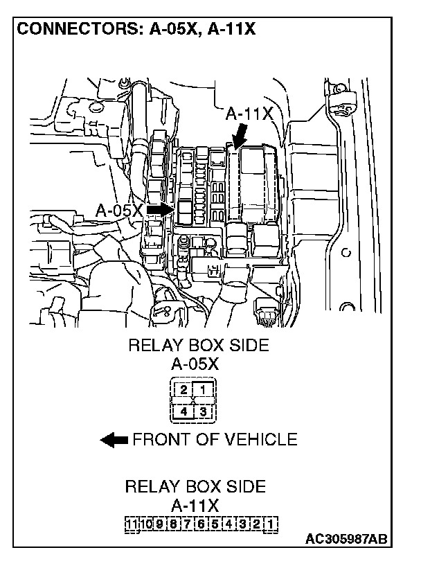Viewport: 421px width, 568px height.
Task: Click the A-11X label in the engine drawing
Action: coord(250,114)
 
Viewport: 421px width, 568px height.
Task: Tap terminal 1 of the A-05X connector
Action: coord(204,390)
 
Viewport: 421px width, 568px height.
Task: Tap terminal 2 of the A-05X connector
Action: coord(184,390)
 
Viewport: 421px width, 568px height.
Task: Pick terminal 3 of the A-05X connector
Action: coord(204,411)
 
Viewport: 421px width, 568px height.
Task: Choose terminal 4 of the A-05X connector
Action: coord(184,411)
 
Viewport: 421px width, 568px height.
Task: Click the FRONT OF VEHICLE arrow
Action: coord(114,439)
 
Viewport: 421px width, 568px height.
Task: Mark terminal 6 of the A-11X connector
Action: coord(200,523)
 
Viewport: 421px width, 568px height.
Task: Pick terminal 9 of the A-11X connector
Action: coord(159,523)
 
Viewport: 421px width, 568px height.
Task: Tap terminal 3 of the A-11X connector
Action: coord(242,523)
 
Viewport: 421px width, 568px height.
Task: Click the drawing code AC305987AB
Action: coord(346,539)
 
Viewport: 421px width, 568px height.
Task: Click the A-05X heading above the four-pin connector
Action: coord(195,364)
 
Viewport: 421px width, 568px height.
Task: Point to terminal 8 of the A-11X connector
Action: coord(173,523)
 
